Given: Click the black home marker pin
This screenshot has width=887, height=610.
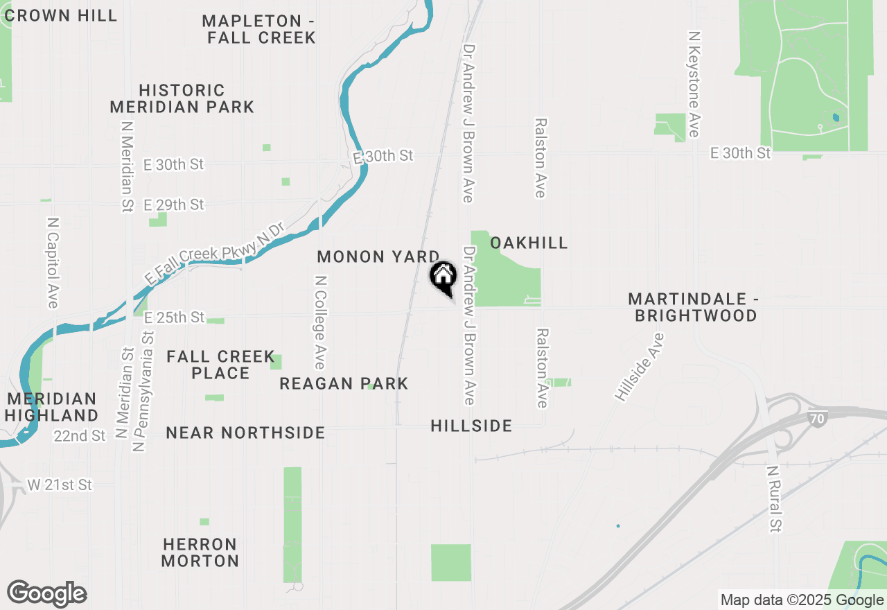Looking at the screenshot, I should point(443,278).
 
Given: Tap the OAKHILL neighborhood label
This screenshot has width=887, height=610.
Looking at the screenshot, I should point(529,243).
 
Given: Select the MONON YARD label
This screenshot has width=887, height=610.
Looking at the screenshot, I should point(378,256).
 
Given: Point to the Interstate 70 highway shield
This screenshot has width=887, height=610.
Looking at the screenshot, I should point(817,418).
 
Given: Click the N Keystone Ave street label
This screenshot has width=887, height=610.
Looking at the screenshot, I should point(694,83).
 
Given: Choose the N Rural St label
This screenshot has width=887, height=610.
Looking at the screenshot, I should point(774,498).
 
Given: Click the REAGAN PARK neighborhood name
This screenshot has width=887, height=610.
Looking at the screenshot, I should point(344,383).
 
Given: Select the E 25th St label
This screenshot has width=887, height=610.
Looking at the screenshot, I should point(174,317).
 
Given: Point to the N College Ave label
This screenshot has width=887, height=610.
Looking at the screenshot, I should point(320,323).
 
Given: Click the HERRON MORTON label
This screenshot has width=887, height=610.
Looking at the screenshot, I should point(200,552).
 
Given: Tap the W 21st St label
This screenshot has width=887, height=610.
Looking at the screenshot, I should point(60,485).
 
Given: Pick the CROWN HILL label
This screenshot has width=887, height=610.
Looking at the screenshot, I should point(60,16).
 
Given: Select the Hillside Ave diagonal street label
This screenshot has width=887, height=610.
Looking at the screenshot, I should point(639,367).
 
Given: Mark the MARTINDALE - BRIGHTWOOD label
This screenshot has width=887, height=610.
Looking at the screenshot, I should point(693,307).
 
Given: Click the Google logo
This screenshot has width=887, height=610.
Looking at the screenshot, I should point(46,594).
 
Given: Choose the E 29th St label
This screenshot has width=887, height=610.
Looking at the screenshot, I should point(174,205).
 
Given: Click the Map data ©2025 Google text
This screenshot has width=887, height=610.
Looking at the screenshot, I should point(802,600).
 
